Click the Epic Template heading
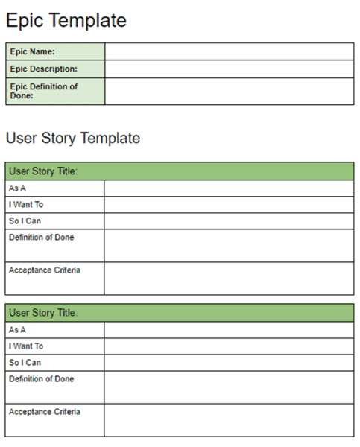[66, 21]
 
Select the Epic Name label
[32, 51]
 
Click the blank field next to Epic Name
[229, 51]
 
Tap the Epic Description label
[43, 69]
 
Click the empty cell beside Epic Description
[229, 69]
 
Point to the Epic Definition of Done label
[43, 91]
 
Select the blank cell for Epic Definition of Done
[229, 91]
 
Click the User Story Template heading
[73, 138]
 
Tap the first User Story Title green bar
[179, 171]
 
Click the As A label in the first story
[17, 188]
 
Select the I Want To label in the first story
[26, 205]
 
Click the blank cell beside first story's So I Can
[229, 221]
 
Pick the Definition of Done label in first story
[41, 238]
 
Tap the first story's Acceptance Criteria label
[44, 270]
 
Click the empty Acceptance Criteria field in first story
[229, 279]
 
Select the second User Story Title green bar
[179, 313]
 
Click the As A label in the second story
[17, 330]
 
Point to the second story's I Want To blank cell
[229, 346]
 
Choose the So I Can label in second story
[25, 363]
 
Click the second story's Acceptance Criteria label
[44, 412]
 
